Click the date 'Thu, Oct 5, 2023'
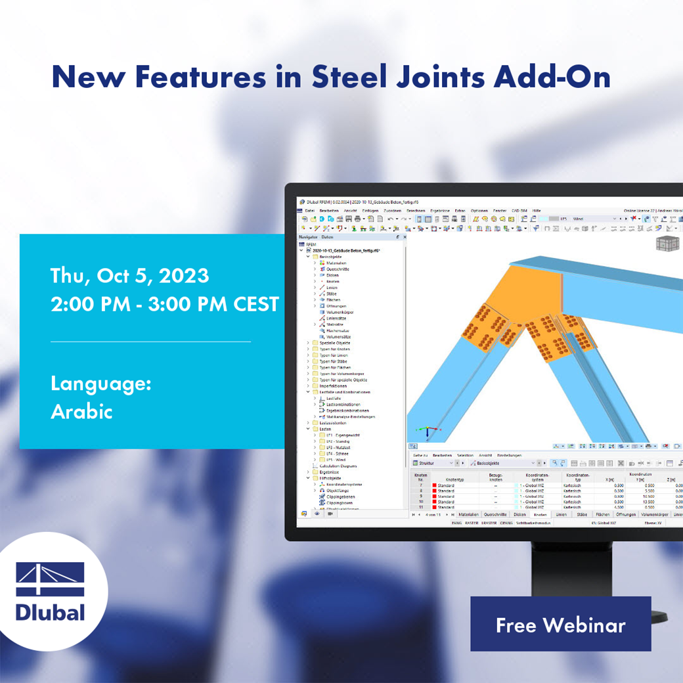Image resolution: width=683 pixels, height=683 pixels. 129,275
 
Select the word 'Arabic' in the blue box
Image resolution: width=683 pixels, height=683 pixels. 81,412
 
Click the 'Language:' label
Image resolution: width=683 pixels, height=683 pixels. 101,384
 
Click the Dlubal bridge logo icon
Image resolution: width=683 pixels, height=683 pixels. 51,579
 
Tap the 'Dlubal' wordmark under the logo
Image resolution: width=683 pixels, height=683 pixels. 51,612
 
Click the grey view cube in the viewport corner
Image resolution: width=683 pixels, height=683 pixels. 668,244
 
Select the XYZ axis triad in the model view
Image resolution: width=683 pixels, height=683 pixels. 427,432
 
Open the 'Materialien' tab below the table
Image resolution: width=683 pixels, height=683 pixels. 468,515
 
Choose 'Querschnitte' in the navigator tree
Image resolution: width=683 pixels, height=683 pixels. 338,269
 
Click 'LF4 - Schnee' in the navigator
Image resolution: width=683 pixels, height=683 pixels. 338,453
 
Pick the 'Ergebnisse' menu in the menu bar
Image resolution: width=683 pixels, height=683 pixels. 440,211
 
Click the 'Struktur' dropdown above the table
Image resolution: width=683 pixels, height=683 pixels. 433,463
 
